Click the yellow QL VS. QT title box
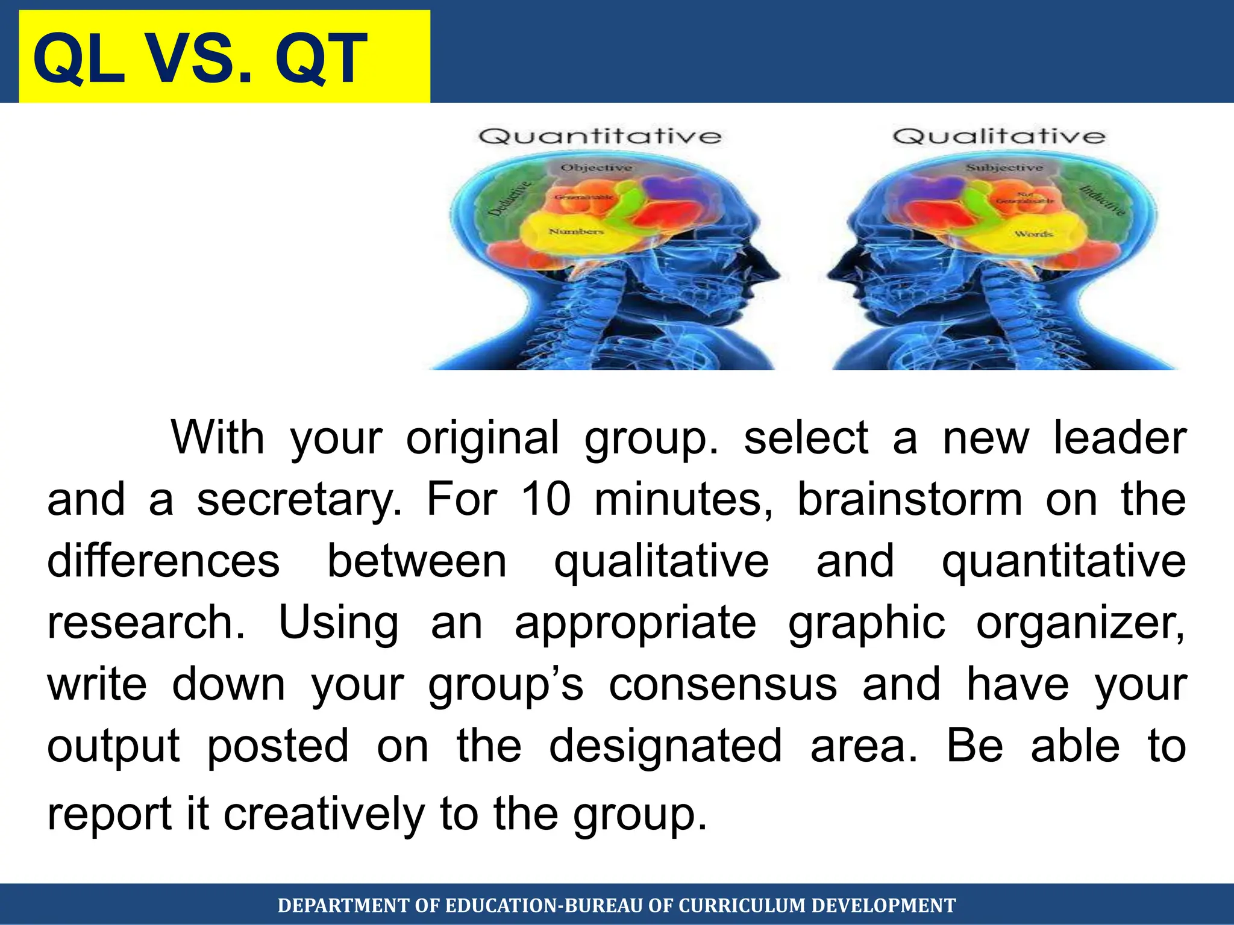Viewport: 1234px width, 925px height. [224, 57]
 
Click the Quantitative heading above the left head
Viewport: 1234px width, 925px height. [600, 137]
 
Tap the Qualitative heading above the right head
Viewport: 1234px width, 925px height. [999, 137]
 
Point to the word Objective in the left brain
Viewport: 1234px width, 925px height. [596, 167]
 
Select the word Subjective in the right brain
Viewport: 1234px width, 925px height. [1004, 167]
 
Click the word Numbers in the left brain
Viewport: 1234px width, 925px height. [575, 231]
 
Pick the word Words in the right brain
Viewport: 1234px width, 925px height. [1033, 234]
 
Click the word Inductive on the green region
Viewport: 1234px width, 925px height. [1101, 201]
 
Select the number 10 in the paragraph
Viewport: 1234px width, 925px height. [546, 499]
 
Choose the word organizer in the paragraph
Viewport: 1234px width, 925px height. [1080, 624]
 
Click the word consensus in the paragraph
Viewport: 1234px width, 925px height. [722, 685]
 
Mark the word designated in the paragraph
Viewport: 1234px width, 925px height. [665, 747]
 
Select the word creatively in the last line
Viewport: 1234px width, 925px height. [324, 814]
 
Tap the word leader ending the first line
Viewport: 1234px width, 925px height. [1120, 438]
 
